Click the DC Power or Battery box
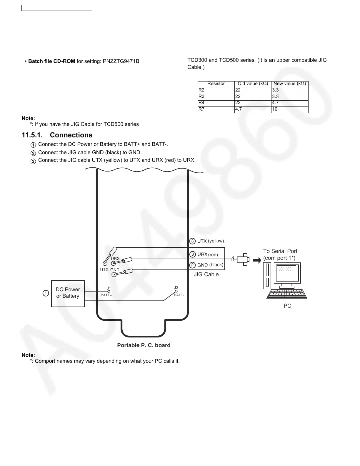coord(68,293)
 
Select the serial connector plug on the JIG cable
coord(243,259)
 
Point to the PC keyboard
coord(287,294)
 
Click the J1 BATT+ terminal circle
coord(109,292)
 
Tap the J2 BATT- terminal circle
coord(176,291)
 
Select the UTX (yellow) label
coord(210,241)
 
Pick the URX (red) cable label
coord(208,254)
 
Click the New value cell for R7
coord(289,109)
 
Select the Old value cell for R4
coord(253,103)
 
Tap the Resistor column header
coord(216,84)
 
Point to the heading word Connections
coord(71,135)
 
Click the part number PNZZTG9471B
coord(121,61)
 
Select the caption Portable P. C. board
coord(144,345)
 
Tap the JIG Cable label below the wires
coord(206,274)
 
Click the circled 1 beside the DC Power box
coord(45,293)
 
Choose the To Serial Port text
coord(280,251)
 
